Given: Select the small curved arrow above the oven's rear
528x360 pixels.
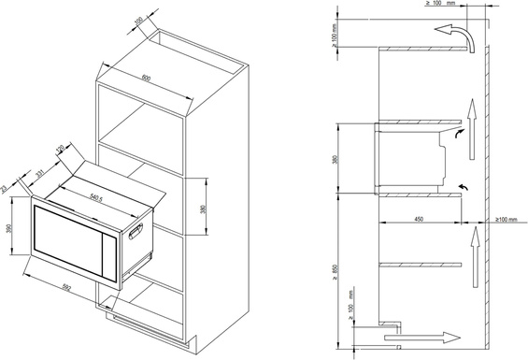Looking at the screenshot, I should click(458, 134).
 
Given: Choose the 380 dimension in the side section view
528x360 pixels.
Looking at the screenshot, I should click(336, 160).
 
